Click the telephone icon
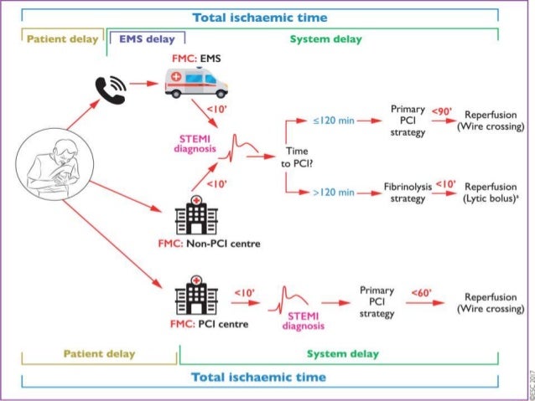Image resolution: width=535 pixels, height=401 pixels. [x=110, y=90]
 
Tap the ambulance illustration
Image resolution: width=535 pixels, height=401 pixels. [x=196, y=83]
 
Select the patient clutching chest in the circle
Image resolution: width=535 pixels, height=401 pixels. [x=55, y=164]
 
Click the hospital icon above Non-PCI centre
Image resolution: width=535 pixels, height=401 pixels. [x=196, y=215]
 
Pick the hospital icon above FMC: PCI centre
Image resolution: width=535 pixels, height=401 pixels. [x=196, y=295]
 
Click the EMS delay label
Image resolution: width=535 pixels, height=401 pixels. [x=147, y=39]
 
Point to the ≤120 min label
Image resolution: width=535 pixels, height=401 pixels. [x=334, y=121]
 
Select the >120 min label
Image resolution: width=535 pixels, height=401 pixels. [x=334, y=193]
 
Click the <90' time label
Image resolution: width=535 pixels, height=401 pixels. [x=442, y=111]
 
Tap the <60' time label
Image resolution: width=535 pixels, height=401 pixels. [x=422, y=293]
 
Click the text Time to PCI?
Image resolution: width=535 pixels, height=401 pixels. [x=297, y=157]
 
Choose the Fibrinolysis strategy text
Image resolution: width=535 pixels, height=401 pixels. [x=408, y=193]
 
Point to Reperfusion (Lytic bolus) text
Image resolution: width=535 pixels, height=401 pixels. [x=491, y=193]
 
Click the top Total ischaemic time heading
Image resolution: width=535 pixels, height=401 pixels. [x=260, y=18]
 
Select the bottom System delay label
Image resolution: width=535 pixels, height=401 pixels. [x=343, y=354]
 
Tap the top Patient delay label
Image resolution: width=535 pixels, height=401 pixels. [x=62, y=39]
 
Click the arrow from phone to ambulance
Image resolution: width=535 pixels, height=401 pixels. [x=144, y=83]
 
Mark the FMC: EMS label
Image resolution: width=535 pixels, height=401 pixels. [x=196, y=59]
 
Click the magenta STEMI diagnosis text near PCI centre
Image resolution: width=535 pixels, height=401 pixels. [x=304, y=321]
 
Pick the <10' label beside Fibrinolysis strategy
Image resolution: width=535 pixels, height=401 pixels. [x=445, y=184]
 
